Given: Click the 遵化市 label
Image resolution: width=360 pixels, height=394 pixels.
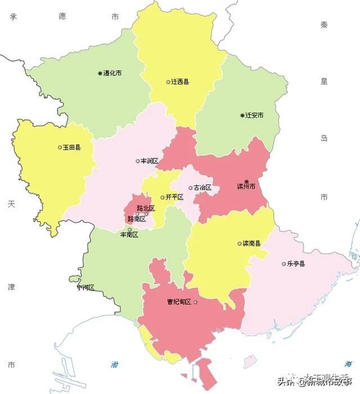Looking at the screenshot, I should coord(112,73).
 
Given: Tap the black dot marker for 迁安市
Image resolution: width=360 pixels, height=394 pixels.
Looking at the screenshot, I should coord(242,115).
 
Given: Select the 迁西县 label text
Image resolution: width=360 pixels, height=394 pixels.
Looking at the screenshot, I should coord(180,81).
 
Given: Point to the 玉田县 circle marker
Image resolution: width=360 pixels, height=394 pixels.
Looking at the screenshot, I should coord(60,147).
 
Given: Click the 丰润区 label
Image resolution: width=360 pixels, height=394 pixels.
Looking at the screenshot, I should coord(149,161).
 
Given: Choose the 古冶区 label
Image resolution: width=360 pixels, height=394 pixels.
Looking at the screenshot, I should coord(202,187).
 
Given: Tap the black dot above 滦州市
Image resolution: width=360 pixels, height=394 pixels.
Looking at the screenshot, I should coord(246,181).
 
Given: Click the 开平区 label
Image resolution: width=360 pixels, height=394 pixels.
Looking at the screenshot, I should coord(174,197).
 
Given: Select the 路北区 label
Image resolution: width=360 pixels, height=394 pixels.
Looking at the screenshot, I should coord(145,208).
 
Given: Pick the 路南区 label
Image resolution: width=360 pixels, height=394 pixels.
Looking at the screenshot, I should coord(137,219).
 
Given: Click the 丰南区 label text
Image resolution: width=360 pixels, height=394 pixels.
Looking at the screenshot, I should coord(129,234).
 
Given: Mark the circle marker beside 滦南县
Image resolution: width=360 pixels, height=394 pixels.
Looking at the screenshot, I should coord(240,243).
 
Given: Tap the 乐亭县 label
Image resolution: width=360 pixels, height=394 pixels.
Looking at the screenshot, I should coord(296,264).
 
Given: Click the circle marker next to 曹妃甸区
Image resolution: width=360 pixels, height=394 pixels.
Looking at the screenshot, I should coord(196,302).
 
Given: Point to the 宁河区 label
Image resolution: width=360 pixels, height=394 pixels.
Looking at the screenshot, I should coord(85,287).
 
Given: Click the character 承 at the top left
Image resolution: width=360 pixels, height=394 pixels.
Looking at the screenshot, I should coord(12,17).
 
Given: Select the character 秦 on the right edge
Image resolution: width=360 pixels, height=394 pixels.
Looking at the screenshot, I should coord(324,25).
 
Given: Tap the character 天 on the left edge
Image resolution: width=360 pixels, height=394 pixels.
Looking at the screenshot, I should coord(11,204).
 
